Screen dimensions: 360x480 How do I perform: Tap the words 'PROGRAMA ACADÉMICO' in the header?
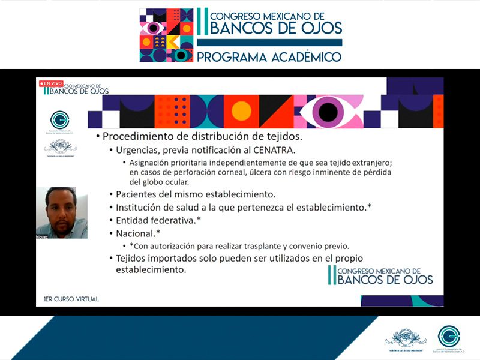[269, 57]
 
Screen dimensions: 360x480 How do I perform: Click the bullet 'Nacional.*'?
[139, 233]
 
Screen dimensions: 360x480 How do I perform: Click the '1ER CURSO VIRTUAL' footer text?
[71, 298]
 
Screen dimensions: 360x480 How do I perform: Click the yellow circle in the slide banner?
[241, 111]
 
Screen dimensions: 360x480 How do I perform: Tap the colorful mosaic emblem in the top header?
[166, 35]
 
